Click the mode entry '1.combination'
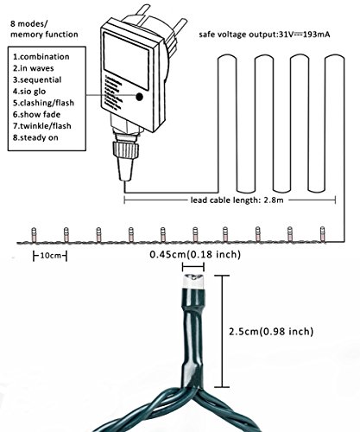tap(41, 57)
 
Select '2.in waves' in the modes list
tap(33, 68)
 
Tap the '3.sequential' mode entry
tap(37, 79)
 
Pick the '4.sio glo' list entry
tap(29, 92)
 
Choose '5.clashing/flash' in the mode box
tap(43, 103)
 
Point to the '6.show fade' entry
tap(36, 114)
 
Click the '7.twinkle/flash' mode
tap(42, 126)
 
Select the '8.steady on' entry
tap(35, 137)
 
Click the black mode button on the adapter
tap(140, 97)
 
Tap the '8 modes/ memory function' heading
tap(44, 29)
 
